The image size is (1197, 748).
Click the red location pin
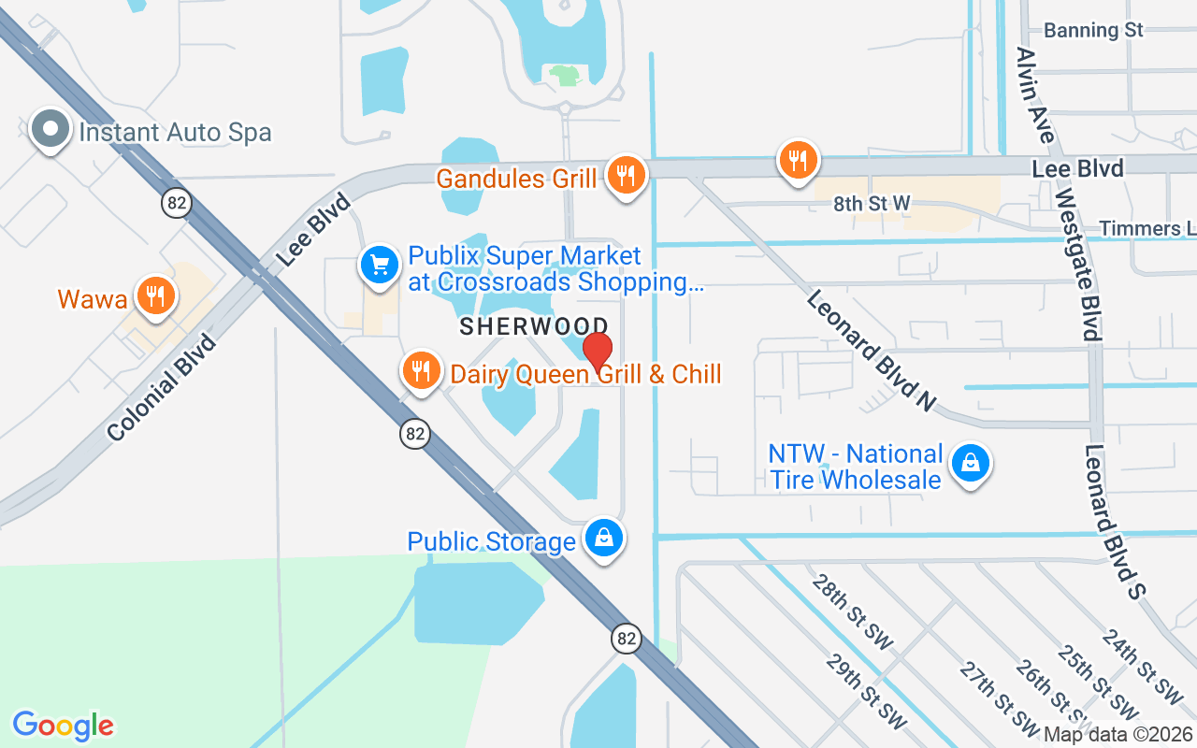(598, 351)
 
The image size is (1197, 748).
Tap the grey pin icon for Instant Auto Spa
(50, 131)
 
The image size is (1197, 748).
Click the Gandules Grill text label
(516, 178)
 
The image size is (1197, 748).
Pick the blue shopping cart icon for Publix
(380, 266)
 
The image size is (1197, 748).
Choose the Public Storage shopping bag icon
(605, 538)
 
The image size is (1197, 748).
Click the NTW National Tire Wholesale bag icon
(972, 463)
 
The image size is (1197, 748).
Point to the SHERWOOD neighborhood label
(534, 326)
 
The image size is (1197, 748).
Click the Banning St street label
(1093, 30)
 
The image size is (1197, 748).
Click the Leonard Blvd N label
(870, 350)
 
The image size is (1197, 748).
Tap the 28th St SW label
(852, 612)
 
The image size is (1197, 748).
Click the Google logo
(63, 726)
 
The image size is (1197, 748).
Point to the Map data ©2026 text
(1118, 735)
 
